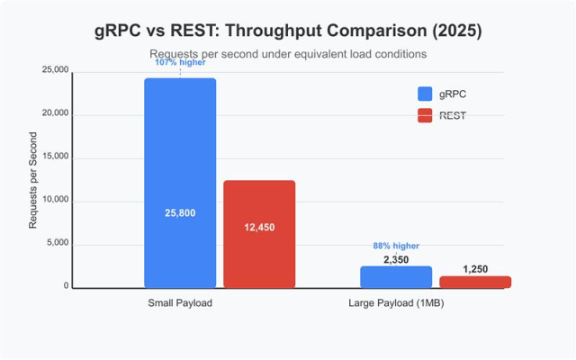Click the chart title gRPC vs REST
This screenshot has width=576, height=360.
pos(288,30)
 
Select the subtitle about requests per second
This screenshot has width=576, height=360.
pos(288,54)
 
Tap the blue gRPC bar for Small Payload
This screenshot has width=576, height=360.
pos(180,162)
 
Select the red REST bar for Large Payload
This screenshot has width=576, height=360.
pos(475,283)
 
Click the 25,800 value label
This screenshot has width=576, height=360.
pos(180,213)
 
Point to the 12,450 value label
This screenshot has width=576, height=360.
pos(259,228)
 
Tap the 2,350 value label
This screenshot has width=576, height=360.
pos(396,259)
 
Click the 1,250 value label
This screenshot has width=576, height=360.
pos(475,269)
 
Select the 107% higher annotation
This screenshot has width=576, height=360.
pos(180,64)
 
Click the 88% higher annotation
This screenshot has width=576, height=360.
pos(396,246)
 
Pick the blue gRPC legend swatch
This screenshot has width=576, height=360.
pos(426,94)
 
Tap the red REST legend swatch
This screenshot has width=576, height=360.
pos(426,115)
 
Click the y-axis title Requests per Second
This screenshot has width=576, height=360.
pos(33,180)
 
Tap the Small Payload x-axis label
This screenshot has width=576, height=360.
pos(180,303)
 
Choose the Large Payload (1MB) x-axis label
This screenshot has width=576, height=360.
pos(396,303)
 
